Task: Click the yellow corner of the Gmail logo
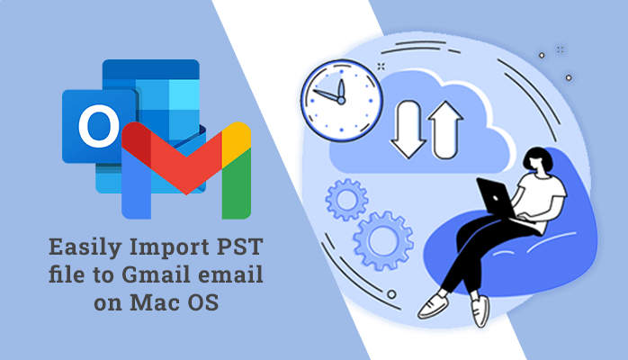coord(237,137)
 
